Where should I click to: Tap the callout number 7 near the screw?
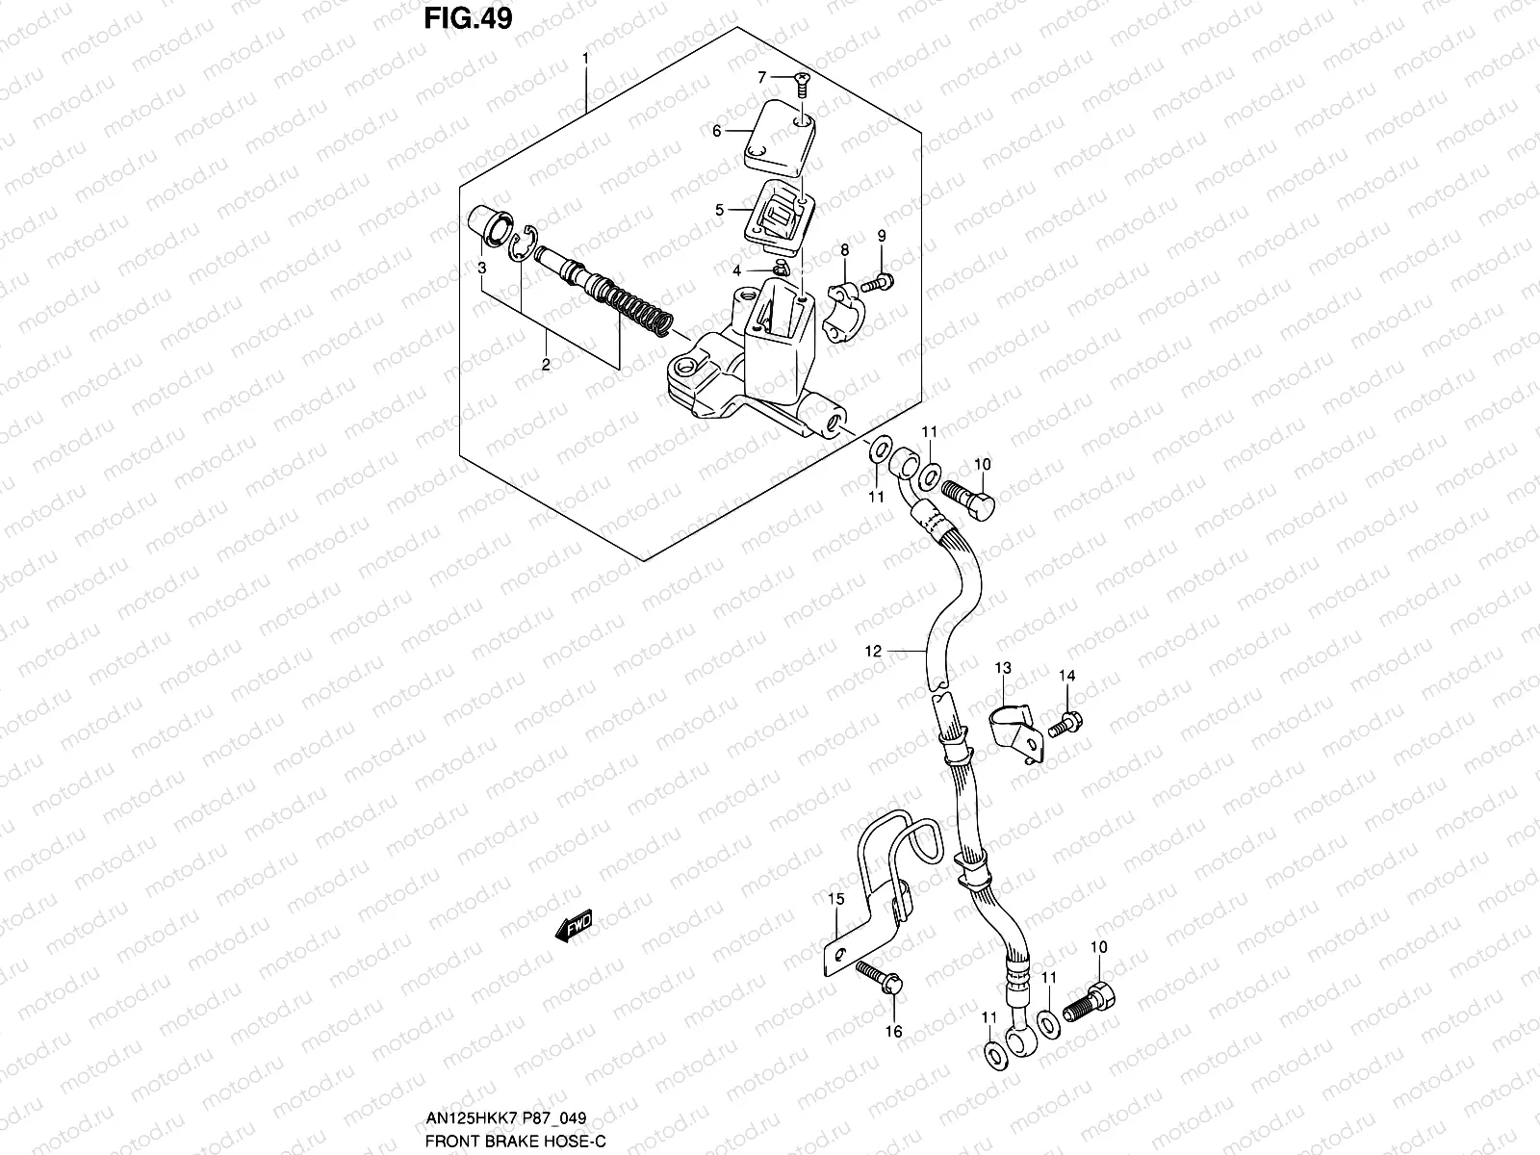tap(760, 76)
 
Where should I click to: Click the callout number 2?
tap(545, 364)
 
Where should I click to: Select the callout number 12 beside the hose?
tap(873, 652)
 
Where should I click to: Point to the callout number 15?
tap(835, 899)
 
